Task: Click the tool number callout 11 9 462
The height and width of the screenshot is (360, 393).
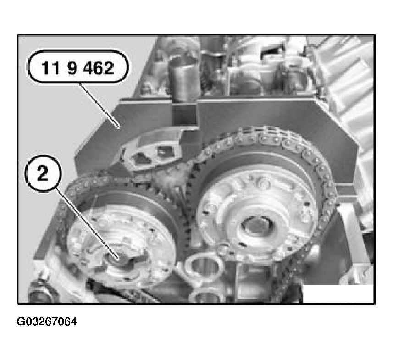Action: point(78,67)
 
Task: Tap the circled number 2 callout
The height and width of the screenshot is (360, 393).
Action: point(43,173)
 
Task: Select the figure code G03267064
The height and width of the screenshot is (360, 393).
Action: point(47,321)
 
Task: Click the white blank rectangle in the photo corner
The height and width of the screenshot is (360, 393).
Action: point(338,294)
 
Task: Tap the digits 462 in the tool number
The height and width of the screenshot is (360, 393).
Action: point(98,68)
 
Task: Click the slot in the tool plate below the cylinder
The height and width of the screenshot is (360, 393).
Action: point(184,115)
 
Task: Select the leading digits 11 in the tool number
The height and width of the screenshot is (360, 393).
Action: point(50,68)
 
